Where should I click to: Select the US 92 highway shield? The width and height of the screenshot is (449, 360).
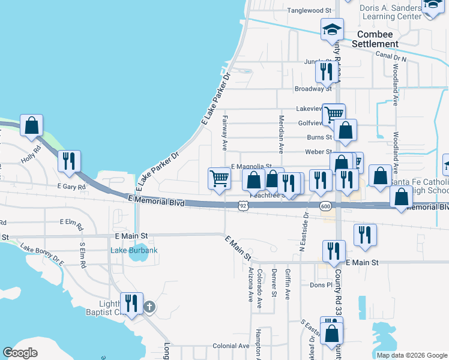coord(243,206)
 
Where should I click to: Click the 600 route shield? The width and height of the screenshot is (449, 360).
coord(325,206)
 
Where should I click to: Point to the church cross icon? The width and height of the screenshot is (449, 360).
coord(149,307)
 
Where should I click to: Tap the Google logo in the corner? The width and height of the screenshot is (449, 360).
coord(20,353)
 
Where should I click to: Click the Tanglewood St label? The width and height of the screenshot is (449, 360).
coord(309,11)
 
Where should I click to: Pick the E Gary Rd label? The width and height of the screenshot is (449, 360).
coord(72,187)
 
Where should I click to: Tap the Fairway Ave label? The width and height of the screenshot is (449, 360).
coord(224,133)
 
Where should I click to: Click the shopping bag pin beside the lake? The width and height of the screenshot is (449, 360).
coord(32,127)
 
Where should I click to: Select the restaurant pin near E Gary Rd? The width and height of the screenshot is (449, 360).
coord(68,162)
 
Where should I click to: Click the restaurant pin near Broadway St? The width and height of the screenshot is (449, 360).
coord(326,73)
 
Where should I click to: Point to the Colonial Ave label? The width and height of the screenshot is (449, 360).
coord(231,346)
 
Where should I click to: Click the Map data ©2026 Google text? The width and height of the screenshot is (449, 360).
coord(412,355)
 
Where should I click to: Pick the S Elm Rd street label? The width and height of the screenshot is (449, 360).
coord(83,254)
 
